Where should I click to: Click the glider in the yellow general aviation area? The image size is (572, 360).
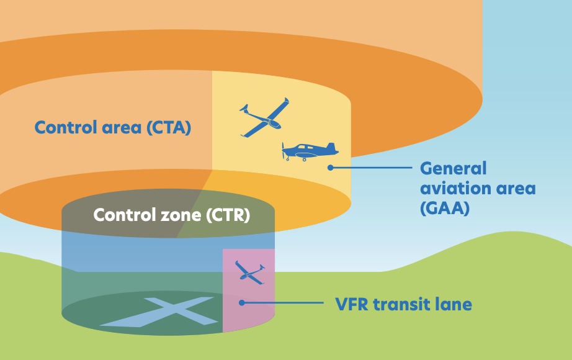click(264, 117)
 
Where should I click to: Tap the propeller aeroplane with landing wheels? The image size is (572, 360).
click(308, 151)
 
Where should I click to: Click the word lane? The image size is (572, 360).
click(454, 305)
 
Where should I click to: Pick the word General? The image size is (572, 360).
click(453, 168)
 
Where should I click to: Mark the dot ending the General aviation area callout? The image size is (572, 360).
click(331, 168)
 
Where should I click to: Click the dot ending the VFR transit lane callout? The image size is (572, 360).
click(242, 303)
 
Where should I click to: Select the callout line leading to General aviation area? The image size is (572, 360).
click(372, 168)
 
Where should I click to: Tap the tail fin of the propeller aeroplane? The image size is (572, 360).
click(332, 147)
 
